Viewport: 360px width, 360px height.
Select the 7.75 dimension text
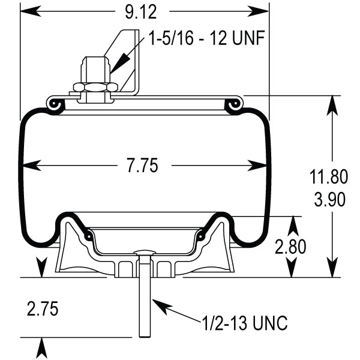(x=142, y=166)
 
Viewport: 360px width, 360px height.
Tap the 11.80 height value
(x=328, y=177)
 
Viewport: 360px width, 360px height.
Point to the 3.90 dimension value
(x=328, y=199)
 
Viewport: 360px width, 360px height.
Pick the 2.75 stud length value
(x=42, y=309)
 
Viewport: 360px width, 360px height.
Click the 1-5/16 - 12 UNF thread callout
(x=207, y=39)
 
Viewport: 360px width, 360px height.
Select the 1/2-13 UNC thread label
(x=245, y=324)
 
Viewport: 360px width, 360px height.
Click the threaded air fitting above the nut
(x=95, y=67)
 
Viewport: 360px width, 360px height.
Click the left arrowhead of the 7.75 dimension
(x=28, y=166)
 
